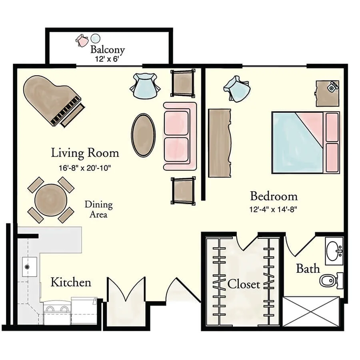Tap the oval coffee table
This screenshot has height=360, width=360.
pos(143,135)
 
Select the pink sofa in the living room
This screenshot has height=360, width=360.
pos(180,136)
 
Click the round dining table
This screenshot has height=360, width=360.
pos(51,200)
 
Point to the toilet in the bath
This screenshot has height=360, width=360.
pos(331,280)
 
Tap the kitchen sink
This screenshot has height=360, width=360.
pos(29,267)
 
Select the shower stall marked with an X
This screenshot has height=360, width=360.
pos(311,311)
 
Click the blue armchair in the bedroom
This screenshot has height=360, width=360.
pos(236,89)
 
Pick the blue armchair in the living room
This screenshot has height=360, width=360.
pos(145,86)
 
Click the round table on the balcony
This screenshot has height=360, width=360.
pos(95,38)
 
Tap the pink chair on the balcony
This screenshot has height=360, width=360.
pos(82,41)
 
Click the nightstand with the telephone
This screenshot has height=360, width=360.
pos(327,94)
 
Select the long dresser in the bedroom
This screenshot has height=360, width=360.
pos(220,143)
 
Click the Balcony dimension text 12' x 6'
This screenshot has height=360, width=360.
pos(107,59)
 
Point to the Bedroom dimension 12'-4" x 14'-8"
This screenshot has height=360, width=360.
pos(273,209)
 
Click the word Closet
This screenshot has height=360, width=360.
pos(244,284)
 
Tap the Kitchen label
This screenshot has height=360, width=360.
pos(71,282)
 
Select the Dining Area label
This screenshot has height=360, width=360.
pos(98,209)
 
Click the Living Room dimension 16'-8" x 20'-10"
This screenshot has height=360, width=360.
pos(85,168)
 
